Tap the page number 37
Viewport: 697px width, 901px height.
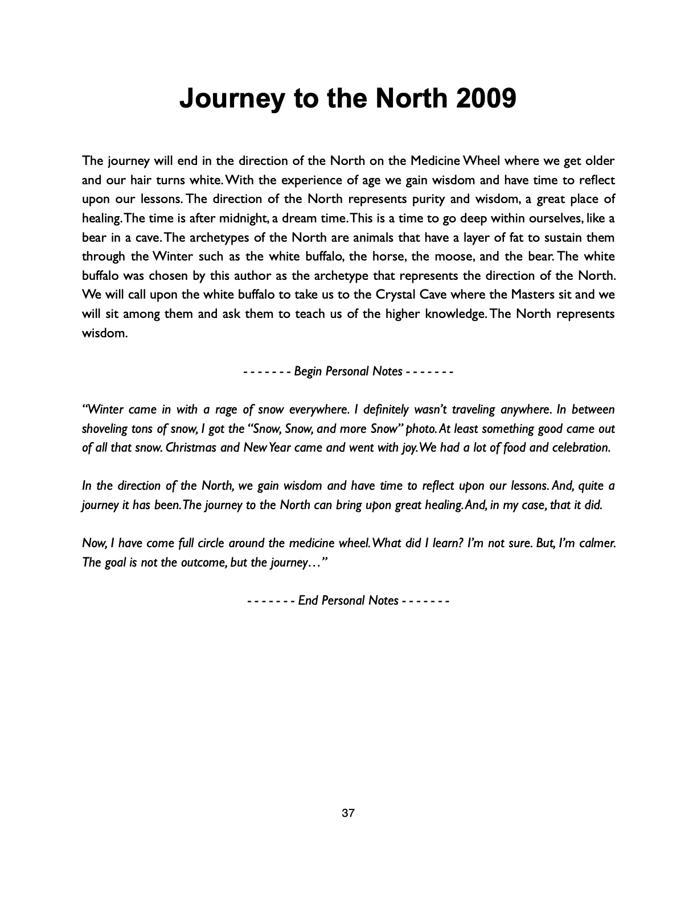point(348,813)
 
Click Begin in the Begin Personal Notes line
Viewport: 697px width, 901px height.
point(308,371)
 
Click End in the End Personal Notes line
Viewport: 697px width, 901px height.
point(308,601)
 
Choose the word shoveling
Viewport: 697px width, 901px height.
point(108,429)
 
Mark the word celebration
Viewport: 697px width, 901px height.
point(581,448)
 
